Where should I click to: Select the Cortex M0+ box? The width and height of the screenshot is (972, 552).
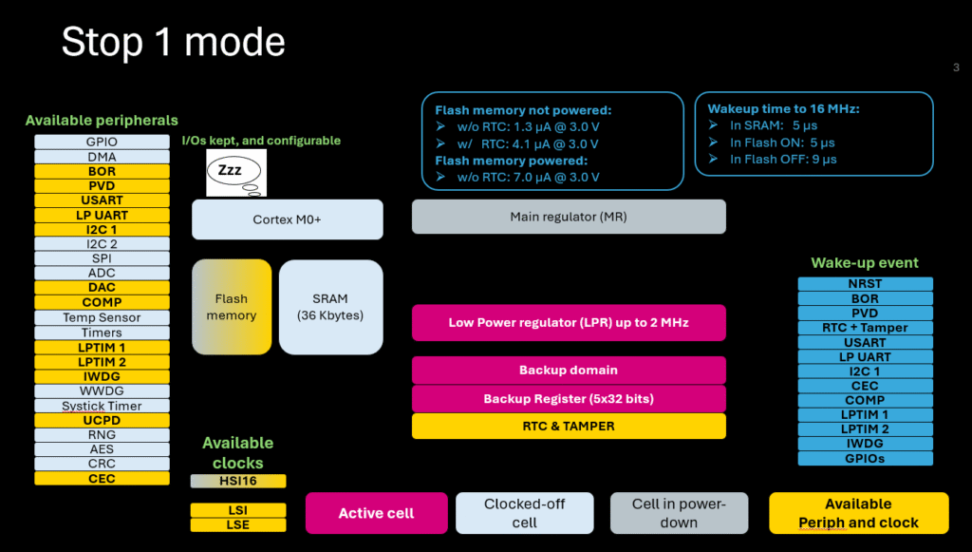tap(287, 219)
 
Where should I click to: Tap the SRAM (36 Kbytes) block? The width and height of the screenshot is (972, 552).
tap(330, 307)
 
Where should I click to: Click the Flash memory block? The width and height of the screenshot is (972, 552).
tap(232, 307)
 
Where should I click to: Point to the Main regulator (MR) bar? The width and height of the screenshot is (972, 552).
tap(568, 217)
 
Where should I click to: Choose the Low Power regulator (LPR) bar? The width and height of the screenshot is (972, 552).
tap(568, 323)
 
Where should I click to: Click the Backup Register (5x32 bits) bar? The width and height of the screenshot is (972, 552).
tap(568, 399)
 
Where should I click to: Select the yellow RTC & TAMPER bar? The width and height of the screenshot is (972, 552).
tap(568, 427)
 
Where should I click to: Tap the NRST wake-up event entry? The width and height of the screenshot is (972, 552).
tap(865, 284)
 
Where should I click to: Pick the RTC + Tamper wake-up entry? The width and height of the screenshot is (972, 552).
tap(865, 328)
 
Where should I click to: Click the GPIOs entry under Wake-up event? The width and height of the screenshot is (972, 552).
tap(865, 459)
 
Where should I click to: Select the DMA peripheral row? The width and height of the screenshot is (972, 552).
tap(102, 157)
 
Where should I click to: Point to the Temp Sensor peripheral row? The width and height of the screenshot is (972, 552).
tap(102, 318)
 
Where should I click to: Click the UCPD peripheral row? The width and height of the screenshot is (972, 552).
tap(102, 420)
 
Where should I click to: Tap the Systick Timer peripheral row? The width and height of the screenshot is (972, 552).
tap(102, 406)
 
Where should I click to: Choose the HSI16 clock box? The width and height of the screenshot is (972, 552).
tap(237, 482)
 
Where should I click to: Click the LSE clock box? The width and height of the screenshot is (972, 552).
tap(237, 525)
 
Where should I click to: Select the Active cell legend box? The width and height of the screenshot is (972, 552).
tap(376, 513)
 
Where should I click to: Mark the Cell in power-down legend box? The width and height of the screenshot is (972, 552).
tap(678, 513)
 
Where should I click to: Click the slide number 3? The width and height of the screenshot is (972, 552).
tap(956, 67)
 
